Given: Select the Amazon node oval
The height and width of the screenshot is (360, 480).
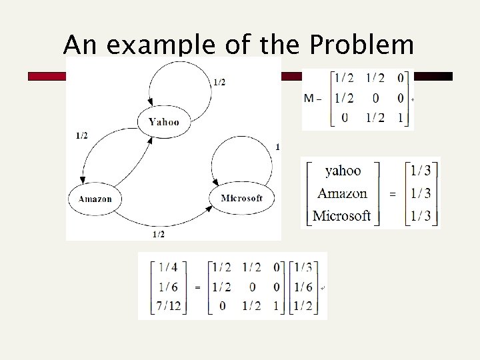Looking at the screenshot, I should [x=95, y=199].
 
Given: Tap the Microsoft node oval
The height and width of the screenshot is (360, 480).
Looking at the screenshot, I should [x=241, y=198].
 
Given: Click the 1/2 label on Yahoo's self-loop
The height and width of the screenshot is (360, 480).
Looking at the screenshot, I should [x=219, y=83].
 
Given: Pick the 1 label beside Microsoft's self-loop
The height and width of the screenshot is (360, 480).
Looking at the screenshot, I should [x=277, y=147].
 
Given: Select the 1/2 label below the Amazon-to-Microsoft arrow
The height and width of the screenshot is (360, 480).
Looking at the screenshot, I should [x=159, y=234].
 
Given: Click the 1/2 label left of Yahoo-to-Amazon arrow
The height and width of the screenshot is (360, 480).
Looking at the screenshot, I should [x=81, y=136].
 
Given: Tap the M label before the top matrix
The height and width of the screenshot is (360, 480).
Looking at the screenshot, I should [x=309, y=99].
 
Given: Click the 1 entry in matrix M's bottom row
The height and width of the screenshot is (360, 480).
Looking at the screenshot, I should [x=400, y=119].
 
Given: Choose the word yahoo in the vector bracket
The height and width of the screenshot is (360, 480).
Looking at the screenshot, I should [x=343, y=171].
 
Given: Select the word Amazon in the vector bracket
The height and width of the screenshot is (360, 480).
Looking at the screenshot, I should [x=342, y=193].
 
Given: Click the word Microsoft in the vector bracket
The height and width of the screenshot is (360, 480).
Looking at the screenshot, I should [x=341, y=215].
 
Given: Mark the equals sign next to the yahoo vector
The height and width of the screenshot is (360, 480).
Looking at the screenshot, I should [x=391, y=194].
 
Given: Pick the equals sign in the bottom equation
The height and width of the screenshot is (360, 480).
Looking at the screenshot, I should [x=197, y=288].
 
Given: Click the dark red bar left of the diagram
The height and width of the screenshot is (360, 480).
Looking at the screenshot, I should [x=47, y=77].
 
